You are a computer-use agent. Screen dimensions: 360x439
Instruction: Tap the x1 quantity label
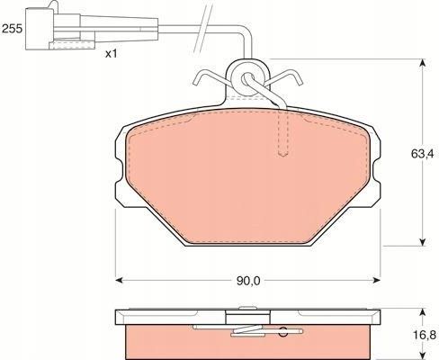point(112,55)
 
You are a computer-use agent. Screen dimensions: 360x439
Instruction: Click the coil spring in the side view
point(252,331)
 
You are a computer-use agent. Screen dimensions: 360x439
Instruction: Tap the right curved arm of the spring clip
point(288,82)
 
